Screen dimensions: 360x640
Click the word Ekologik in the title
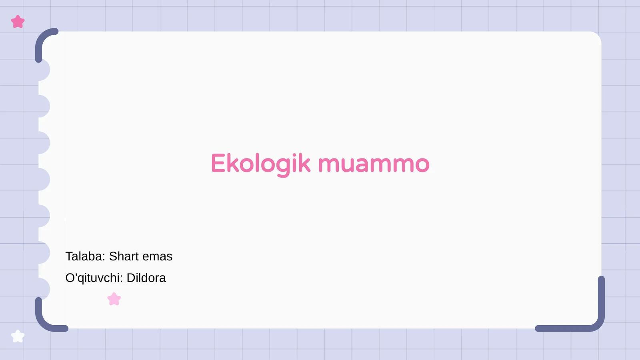(x=260, y=164)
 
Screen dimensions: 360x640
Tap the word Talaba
(x=85, y=256)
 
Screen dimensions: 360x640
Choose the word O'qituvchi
(x=94, y=278)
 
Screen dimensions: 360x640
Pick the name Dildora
(x=146, y=278)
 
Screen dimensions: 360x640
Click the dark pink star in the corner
(x=18, y=22)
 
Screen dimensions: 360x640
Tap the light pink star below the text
(x=114, y=299)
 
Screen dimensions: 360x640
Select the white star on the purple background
(x=18, y=336)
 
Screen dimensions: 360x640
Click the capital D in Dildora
(x=131, y=278)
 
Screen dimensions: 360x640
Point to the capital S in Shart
(x=113, y=256)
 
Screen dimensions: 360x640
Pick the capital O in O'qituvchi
(x=70, y=278)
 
